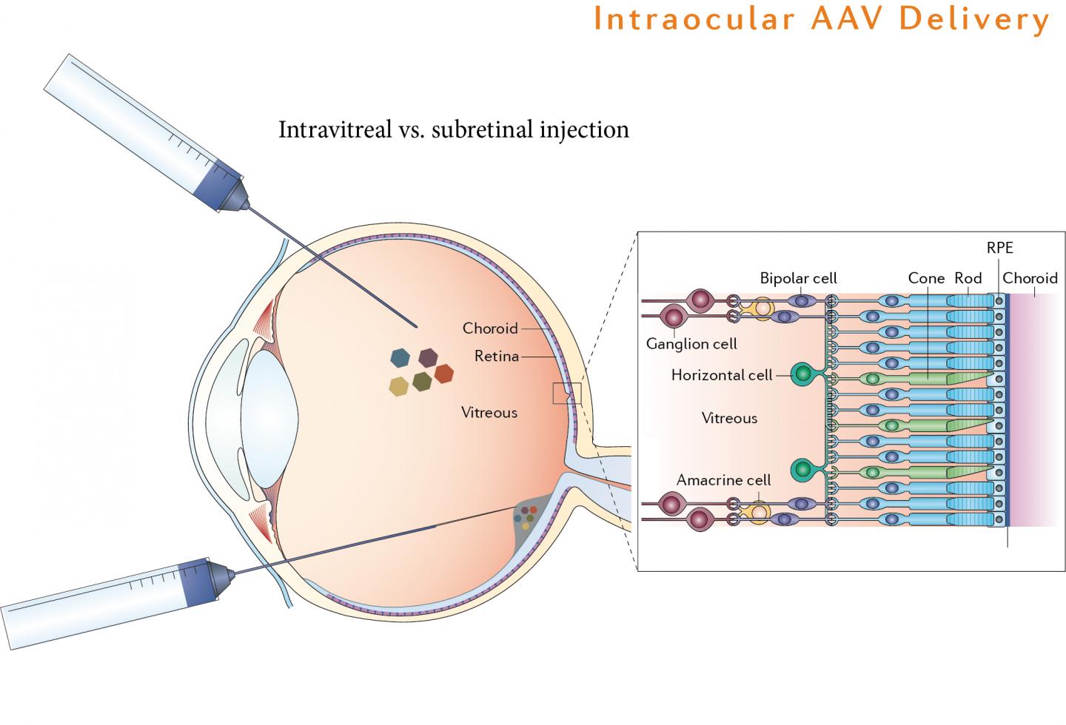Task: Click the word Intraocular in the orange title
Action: pyautogui.click(x=694, y=20)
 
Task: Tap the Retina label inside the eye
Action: pyautogui.click(x=497, y=357)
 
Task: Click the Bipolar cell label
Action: pyautogui.click(x=798, y=278)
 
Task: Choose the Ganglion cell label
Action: pyautogui.click(x=691, y=344)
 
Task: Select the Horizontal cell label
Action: pyautogui.click(x=722, y=375)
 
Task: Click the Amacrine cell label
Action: pyautogui.click(x=723, y=480)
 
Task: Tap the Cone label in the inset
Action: pyautogui.click(x=926, y=278)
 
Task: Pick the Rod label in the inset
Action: pyautogui.click(x=968, y=278)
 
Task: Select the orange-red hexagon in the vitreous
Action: pyautogui.click(x=443, y=374)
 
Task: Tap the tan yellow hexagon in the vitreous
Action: pyautogui.click(x=399, y=386)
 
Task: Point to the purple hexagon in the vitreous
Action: pyautogui.click(x=428, y=358)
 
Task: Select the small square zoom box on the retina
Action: pyautogui.click(x=567, y=394)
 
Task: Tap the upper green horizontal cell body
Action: pyautogui.click(x=802, y=375)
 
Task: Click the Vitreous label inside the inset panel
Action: pyautogui.click(x=729, y=419)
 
